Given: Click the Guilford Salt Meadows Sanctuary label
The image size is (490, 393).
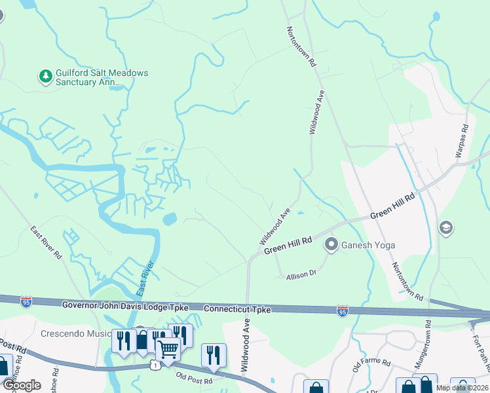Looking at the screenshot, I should [x=92, y=78].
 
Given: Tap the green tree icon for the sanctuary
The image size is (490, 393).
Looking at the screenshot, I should [x=46, y=77].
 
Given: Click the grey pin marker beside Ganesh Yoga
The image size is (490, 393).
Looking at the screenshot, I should [x=331, y=246].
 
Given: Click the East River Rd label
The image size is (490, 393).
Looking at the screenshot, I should [x=46, y=243].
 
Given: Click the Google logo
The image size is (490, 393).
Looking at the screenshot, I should [x=22, y=385].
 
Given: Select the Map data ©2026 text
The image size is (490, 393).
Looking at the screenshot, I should [x=462, y=388].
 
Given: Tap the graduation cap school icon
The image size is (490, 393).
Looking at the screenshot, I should [x=445, y=228].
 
